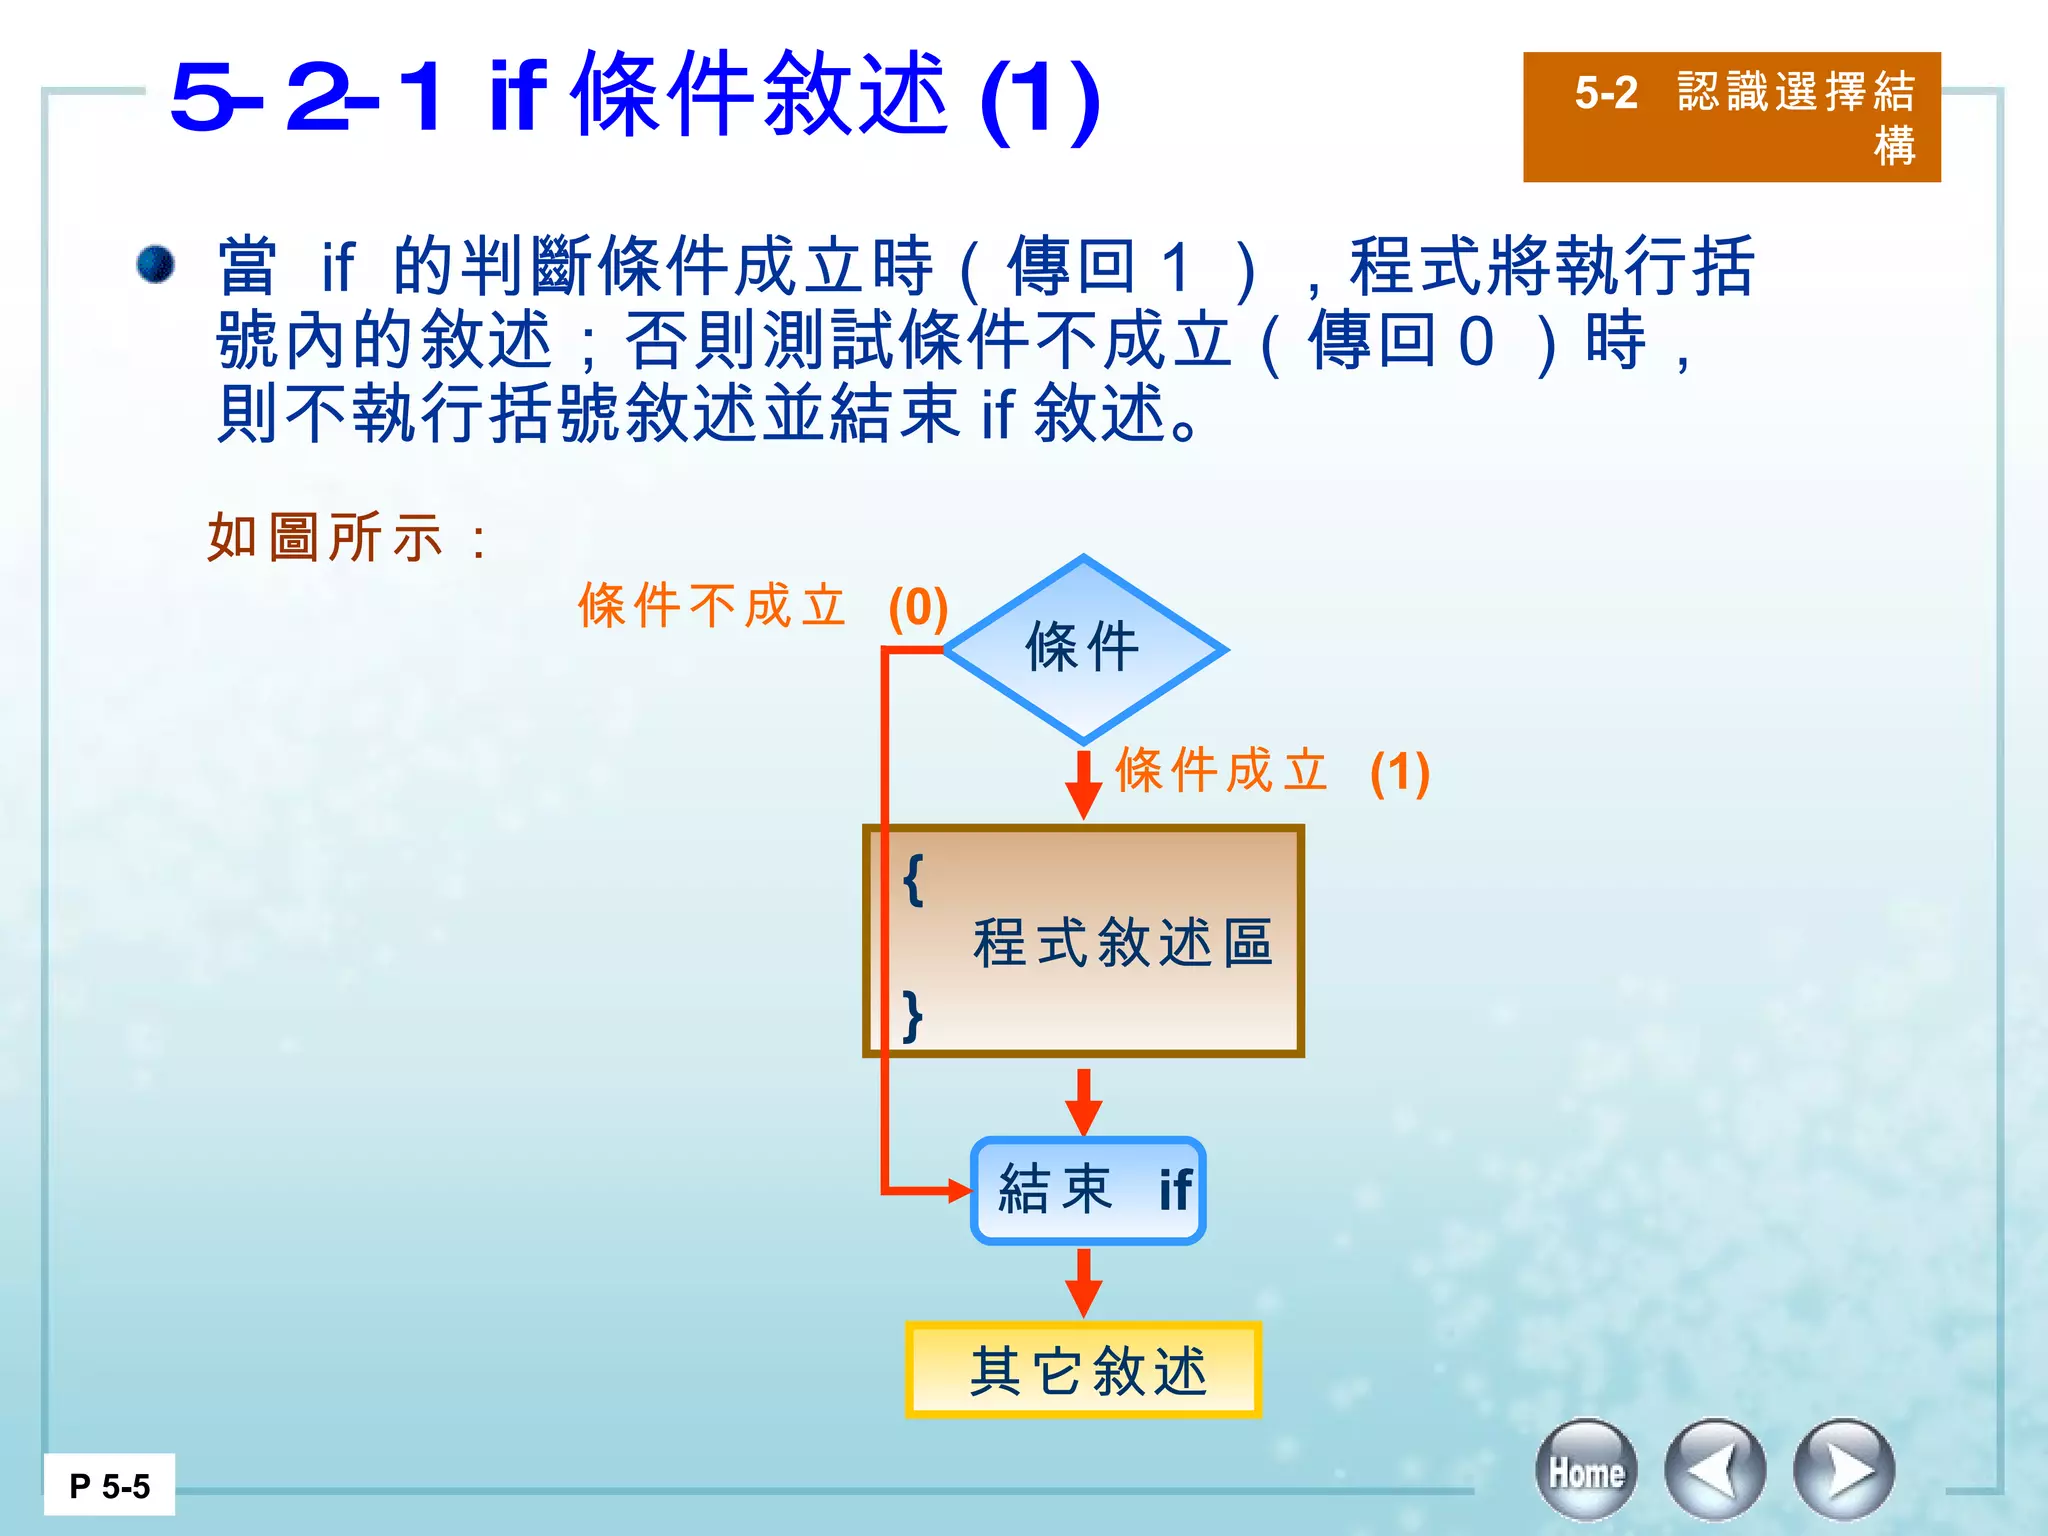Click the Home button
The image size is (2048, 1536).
(1586, 1471)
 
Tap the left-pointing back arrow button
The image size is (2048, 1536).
(1715, 1471)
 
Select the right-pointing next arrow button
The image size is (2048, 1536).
(1844, 1471)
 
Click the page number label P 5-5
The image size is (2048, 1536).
(109, 1486)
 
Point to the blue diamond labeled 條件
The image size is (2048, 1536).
(1084, 648)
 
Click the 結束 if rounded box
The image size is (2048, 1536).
(1088, 1190)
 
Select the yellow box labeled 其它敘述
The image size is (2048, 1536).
(1083, 1370)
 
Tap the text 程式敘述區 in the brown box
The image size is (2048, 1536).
(1123, 942)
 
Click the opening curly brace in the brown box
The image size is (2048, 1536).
(912, 880)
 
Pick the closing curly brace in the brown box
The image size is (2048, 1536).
(912, 1016)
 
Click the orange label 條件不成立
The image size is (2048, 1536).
(712, 606)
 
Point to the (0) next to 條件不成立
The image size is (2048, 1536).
(918, 608)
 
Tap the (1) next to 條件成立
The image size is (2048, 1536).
(1400, 772)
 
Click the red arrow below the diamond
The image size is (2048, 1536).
(1083, 784)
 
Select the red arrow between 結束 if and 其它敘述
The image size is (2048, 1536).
(1083, 1283)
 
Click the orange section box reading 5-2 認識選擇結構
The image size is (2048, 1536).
(1731, 117)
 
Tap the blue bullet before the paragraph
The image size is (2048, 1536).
(156, 265)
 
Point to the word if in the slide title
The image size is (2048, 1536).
(518, 96)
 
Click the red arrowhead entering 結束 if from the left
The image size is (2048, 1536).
(958, 1190)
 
